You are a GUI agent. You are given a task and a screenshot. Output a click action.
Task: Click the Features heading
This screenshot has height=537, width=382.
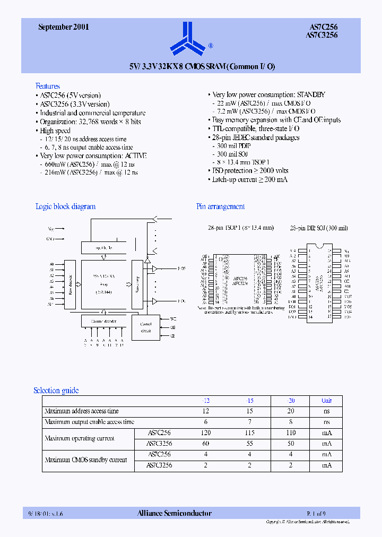pos(48,86)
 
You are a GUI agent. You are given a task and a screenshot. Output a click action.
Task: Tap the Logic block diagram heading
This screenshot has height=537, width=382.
pos(65,206)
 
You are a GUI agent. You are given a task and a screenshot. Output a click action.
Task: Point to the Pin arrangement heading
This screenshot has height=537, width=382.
pos(220,206)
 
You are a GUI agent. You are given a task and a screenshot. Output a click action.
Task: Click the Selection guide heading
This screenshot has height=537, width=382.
pos(56,391)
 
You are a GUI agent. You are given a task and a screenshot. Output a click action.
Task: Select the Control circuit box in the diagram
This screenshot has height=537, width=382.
pos(146,327)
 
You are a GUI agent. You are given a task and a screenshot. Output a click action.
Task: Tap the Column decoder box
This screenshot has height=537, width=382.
pos(104,321)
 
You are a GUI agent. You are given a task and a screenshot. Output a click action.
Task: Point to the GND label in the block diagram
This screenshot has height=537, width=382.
pos(50,239)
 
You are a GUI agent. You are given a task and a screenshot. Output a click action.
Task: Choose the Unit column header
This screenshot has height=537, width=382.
pos(327,401)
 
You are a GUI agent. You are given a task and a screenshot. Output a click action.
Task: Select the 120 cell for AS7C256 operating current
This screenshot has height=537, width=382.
pos(206,433)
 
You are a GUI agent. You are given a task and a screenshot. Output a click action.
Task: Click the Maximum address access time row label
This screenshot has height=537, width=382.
pos(82,411)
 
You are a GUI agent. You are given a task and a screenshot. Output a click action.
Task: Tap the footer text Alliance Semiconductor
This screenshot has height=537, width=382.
pos(175,513)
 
